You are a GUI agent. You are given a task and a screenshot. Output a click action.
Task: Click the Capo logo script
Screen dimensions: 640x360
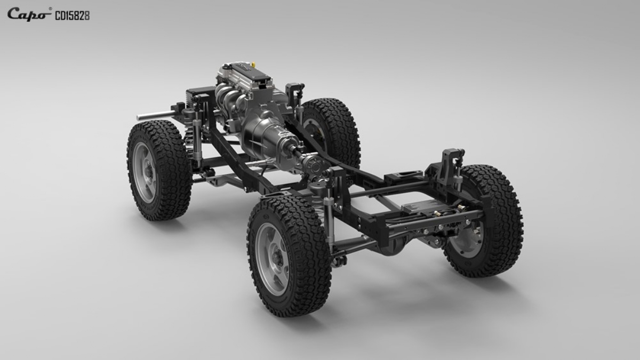coord(27,14)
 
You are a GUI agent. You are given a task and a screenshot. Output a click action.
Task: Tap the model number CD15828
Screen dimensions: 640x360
coord(73,16)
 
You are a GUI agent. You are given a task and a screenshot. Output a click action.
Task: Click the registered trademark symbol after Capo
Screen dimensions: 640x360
coord(50,9)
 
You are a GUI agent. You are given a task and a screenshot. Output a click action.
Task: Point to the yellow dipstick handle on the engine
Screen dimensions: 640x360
coord(253,66)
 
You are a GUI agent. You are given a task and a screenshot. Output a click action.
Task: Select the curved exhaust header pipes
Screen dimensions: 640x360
coord(229,97)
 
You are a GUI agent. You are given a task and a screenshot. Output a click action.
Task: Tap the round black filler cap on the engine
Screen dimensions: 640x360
coord(226,67)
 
